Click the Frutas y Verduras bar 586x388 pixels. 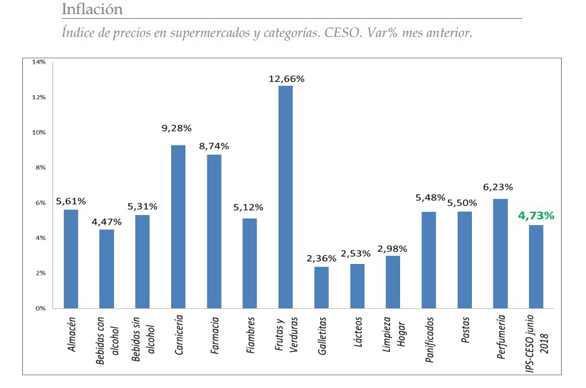click(x=285, y=197)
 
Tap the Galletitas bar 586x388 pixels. click(x=322, y=287)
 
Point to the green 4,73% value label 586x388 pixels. click(x=536, y=216)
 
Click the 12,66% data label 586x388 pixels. click(x=286, y=78)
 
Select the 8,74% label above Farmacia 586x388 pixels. click(x=214, y=146)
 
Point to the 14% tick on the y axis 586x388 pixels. click(x=38, y=62)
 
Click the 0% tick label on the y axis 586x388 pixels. click(x=40, y=308)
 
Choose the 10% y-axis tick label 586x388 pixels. click(x=38, y=132)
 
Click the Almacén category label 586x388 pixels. click(x=72, y=334)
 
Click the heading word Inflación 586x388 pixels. click(x=92, y=9)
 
